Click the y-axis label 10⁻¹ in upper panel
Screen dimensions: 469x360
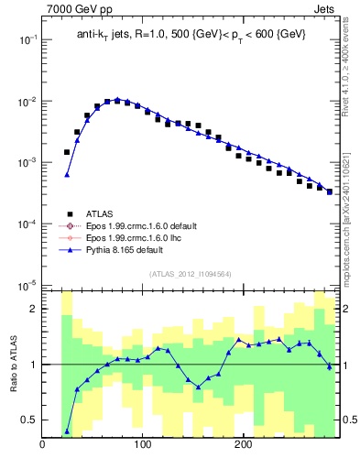[x=27, y=39]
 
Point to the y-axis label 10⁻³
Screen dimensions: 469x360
[x=27, y=162]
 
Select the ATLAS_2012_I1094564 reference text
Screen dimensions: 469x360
[x=191, y=273]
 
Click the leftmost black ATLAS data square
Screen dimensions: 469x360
[x=67, y=152]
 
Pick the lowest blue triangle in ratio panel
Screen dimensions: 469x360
[x=67, y=431]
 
